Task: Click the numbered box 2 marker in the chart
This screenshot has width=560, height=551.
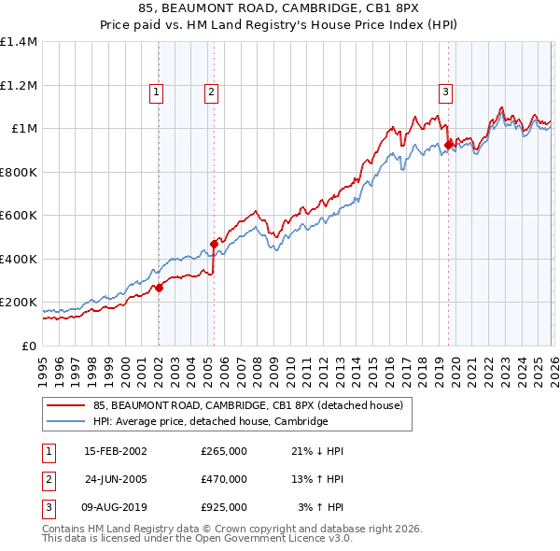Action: click(x=212, y=92)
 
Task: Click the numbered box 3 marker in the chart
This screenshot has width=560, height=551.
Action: click(x=446, y=92)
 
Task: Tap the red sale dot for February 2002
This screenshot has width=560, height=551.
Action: click(x=159, y=289)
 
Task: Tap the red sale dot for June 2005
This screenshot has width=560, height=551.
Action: click(x=214, y=244)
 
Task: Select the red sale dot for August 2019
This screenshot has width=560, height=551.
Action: click(x=448, y=145)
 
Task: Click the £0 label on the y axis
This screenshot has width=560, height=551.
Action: click(x=29, y=346)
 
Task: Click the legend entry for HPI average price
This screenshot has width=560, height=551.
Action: click(x=210, y=421)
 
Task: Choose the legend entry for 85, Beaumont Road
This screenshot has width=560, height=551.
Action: click(x=247, y=405)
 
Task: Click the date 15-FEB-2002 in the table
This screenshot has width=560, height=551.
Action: click(x=116, y=451)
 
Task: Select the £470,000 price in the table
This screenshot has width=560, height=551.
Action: click(x=224, y=479)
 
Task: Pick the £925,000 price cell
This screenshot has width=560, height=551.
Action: click(x=224, y=507)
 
